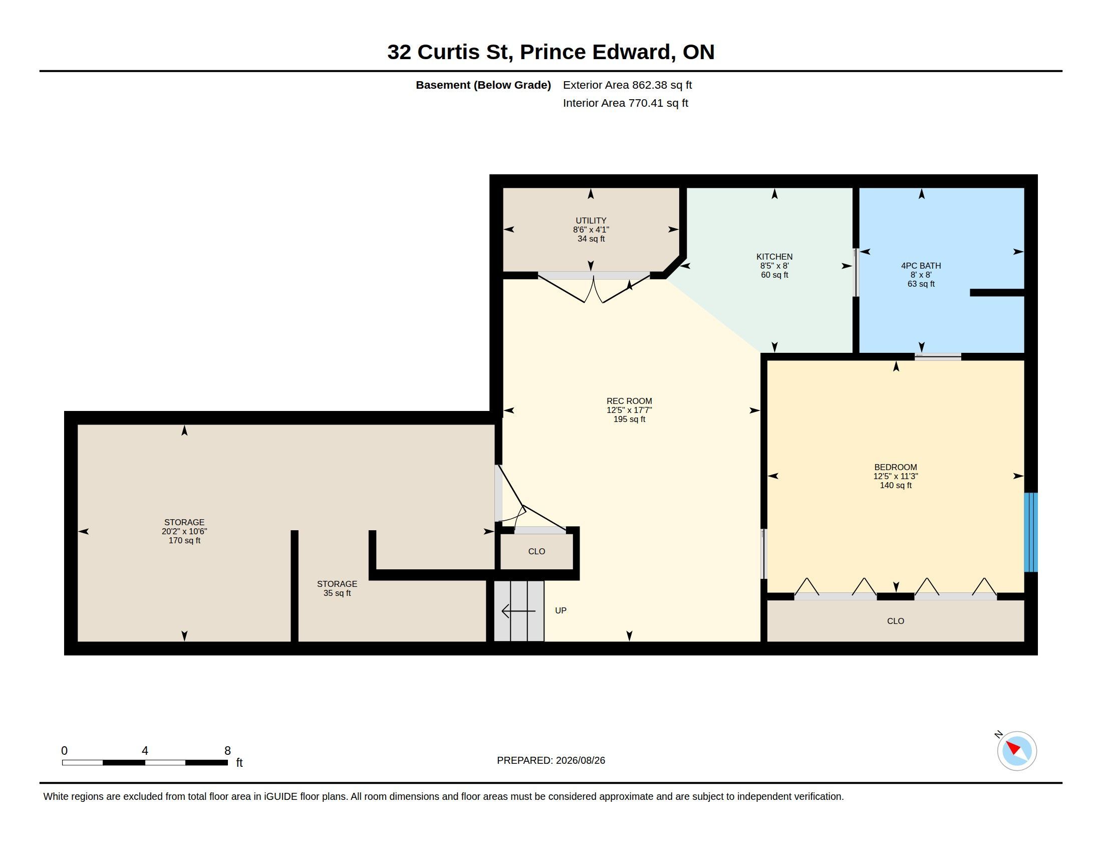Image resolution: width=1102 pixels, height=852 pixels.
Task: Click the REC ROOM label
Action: tap(629, 401)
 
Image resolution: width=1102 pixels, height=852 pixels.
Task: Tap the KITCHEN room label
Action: tap(774, 257)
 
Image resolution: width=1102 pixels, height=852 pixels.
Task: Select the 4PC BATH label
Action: tap(921, 266)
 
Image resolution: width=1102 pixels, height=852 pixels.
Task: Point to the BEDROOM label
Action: tap(896, 468)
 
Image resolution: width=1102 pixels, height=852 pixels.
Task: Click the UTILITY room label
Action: tap(591, 221)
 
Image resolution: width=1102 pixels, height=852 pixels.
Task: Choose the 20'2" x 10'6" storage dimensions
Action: tap(184, 531)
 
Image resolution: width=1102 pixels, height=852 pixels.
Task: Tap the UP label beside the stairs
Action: tap(561, 611)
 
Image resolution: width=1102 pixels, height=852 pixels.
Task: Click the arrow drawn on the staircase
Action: tap(518, 611)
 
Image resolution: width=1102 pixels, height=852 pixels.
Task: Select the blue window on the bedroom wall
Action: tap(1030, 532)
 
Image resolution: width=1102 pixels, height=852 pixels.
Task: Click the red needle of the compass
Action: tap(1013, 748)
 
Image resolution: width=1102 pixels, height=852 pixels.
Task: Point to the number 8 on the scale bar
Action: tap(227, 751)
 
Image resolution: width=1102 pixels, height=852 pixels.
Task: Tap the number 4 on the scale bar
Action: tap(145, 751)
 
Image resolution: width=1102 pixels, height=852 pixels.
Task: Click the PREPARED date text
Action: tap(551, 760)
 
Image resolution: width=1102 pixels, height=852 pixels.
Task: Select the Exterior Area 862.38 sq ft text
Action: tap(627, 85)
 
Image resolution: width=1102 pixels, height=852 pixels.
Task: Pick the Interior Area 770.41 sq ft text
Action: tap(625, 103)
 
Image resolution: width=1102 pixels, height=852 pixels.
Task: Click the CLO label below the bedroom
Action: tap(896, 621)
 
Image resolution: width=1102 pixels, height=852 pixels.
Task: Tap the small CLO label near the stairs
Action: tap(536, 551)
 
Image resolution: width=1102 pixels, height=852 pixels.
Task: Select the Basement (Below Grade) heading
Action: tap(483, 85)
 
